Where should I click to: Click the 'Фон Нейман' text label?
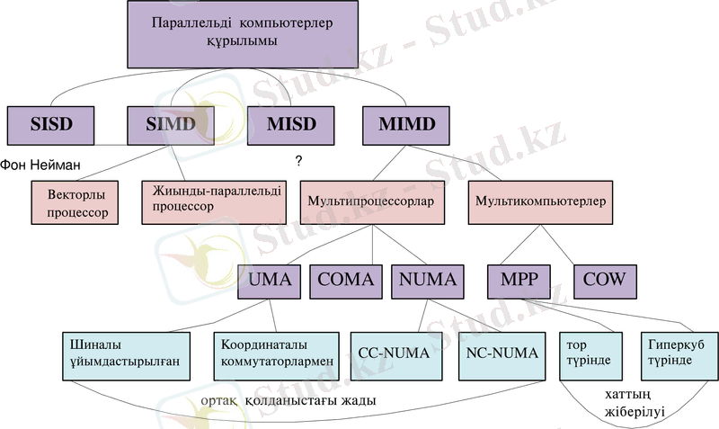[x=40, y=165]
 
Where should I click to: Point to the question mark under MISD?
[x=297, y=160]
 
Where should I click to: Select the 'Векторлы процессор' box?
[x=75, y=202]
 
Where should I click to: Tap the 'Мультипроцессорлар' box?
[x=371, y=201]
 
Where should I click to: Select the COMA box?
[x=346, y=280]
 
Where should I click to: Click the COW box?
[x=603, y=280]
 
